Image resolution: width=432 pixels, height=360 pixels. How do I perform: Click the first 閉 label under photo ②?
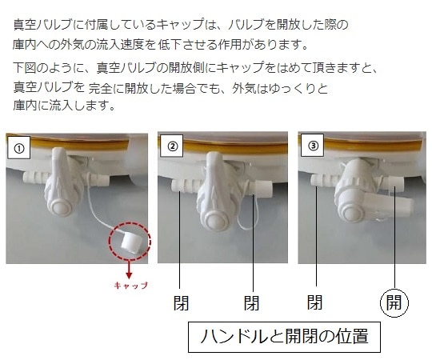click(183, 304)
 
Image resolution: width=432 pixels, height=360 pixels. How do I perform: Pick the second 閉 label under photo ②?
click(250, 304)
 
